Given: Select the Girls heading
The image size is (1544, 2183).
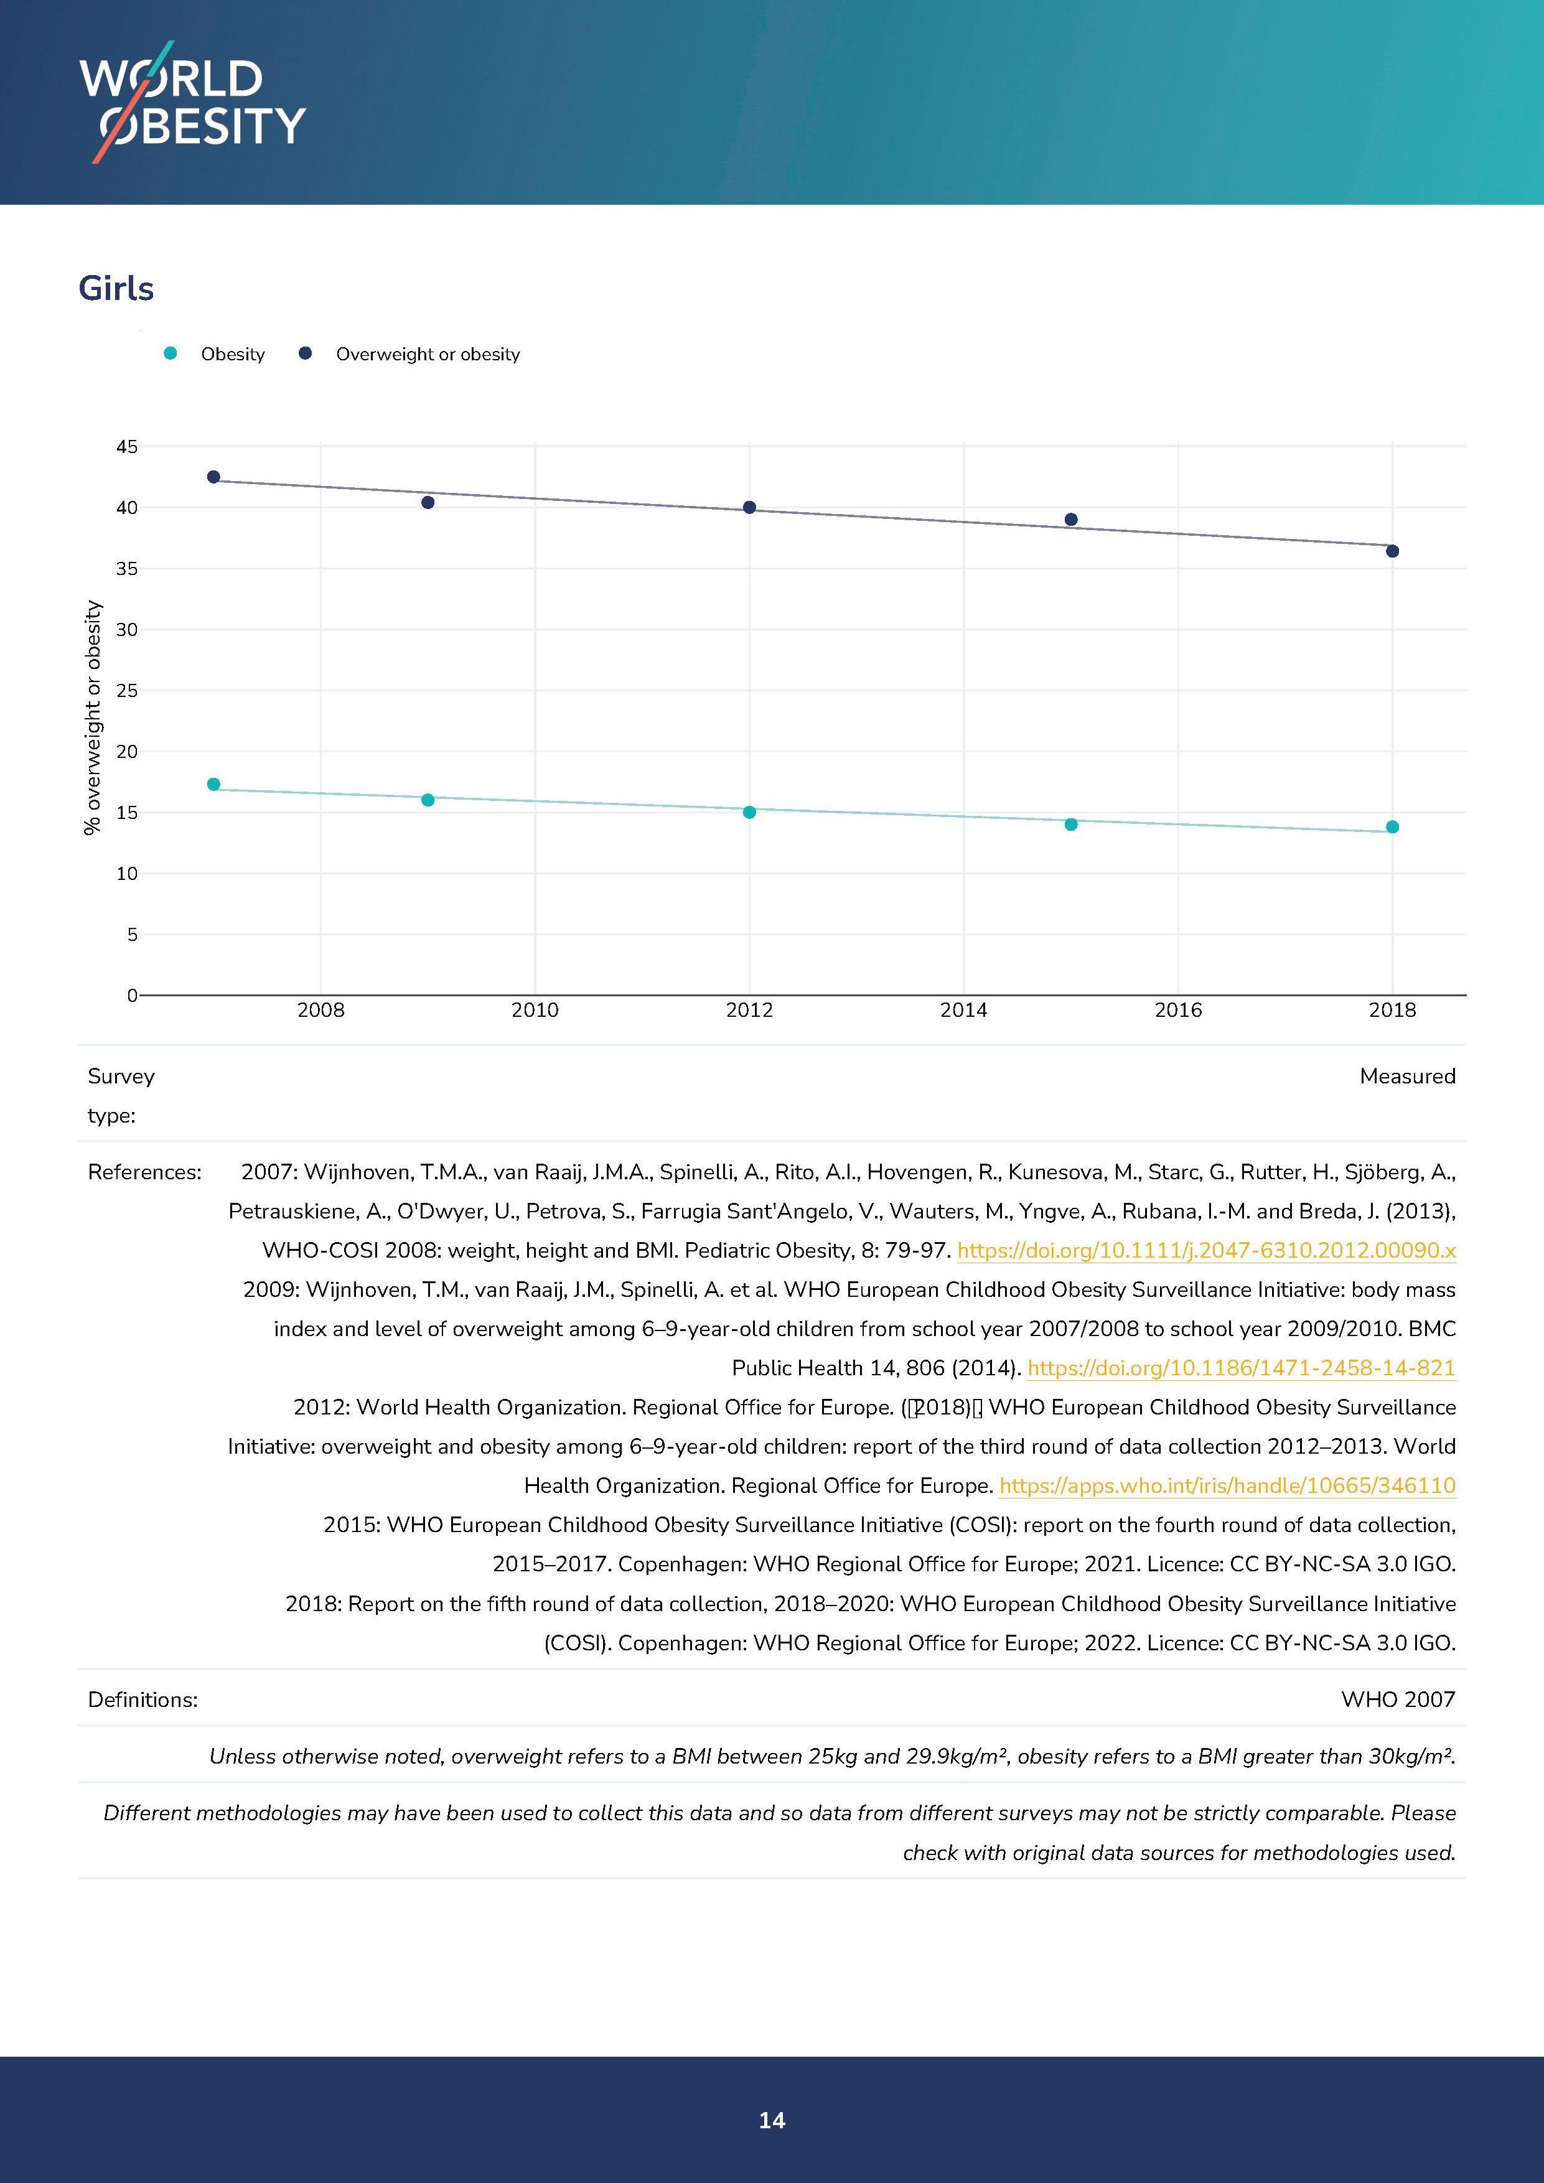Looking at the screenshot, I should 116,288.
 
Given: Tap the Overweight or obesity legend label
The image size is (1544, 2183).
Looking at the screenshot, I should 428,353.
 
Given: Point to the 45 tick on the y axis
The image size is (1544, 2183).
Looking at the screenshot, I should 126,447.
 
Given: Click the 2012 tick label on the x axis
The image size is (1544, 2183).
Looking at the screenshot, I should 749,1011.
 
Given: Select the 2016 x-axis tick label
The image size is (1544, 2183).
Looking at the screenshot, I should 1178,1011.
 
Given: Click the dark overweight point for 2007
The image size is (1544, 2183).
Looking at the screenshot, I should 214,476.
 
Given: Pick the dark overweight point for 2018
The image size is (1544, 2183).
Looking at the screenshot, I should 1392,551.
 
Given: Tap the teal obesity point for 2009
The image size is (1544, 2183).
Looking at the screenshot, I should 428,800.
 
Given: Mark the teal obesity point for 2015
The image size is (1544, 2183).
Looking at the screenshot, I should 1070,825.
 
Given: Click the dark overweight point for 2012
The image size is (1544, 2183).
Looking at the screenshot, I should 749,508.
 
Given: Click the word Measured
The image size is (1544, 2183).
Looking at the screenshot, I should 1407,1077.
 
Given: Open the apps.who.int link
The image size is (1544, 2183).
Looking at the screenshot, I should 1227,1485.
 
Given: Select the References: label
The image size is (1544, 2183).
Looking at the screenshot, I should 144,1172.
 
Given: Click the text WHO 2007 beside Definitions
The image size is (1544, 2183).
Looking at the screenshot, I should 1398,1699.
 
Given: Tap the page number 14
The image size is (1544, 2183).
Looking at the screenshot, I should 772,2120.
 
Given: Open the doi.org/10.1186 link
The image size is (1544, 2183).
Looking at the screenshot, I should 1242,1368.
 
